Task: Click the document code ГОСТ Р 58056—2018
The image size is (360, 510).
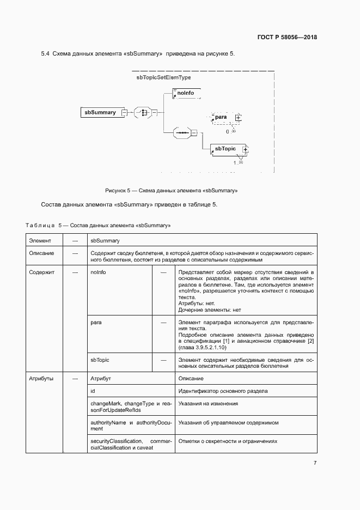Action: [x=286, y=38]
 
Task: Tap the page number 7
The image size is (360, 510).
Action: [x=315, y=463]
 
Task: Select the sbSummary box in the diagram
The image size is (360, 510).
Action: [x=100, y=112]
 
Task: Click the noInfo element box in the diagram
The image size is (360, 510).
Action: [x=186, y=94]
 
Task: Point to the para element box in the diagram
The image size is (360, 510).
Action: [x=221, y=117]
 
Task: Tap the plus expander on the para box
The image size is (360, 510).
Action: [x=238, y=117]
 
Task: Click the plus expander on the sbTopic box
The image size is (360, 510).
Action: [x=245, y=149]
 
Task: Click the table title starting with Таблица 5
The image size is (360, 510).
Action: [x=99, y=225]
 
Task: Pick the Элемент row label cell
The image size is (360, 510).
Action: [x=40, y=240]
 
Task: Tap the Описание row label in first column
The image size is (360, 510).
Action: [x=41, y=253]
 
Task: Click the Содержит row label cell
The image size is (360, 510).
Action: [x=41, y=272]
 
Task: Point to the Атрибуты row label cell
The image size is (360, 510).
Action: [x=41, y=378]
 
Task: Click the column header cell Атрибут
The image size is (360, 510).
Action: [x=101, y=378]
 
